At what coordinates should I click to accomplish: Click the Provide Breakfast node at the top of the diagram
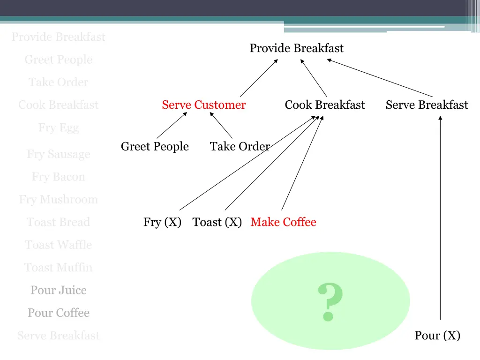296,48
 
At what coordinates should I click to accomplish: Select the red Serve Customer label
203,105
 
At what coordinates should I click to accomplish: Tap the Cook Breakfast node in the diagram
324,105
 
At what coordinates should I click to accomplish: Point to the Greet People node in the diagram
155,147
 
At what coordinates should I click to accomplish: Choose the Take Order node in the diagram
240,147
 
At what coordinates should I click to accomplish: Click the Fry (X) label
162,222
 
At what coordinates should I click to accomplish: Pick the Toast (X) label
217,222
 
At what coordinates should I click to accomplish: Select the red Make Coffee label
283,222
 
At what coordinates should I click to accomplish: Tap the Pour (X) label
437,336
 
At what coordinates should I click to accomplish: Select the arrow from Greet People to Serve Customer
172,125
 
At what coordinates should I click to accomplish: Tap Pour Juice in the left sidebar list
59,291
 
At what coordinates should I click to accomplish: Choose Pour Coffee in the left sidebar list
59,313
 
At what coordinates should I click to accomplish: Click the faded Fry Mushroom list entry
59,200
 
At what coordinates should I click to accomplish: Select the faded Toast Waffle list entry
59,245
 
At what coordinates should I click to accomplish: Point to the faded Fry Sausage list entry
59,154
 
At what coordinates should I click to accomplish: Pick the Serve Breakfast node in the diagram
427,105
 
